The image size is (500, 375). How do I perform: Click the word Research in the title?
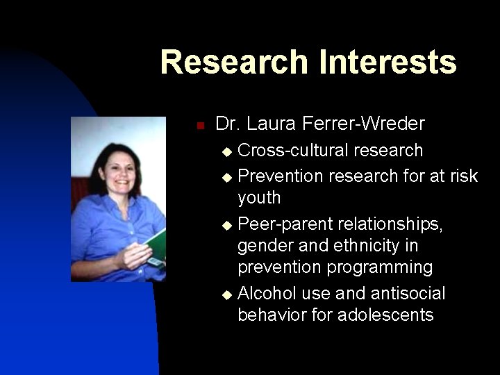coord(235,62)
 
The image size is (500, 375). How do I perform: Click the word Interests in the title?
coord(387,62)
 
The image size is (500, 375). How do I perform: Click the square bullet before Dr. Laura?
coord(199,126)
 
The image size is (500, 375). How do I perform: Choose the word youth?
coord(259,199)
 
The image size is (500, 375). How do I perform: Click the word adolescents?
coord(385,315)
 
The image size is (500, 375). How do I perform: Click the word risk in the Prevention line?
coord(462,176)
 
